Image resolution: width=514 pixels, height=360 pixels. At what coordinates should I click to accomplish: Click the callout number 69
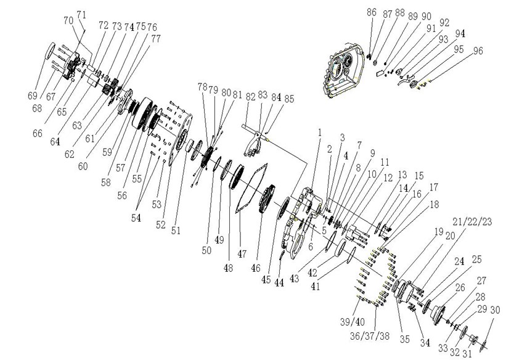(33, 96)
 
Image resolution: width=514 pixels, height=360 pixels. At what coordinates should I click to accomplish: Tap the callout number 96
(478, 51)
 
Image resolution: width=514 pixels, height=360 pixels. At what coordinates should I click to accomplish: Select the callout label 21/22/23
(477, 222)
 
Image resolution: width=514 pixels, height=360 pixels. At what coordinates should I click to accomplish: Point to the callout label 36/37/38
(370, 336)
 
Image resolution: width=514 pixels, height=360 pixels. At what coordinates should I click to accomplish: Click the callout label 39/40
(353, 322)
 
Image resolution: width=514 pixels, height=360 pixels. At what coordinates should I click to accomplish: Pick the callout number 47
(242, 254)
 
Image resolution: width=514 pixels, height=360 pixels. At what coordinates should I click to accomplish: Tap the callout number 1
(320, 133)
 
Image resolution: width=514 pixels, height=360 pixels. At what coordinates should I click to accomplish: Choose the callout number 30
(495, 310)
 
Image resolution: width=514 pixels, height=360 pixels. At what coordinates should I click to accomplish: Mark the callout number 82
(250, 97)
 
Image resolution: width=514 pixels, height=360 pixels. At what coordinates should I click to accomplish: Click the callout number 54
(136, 218)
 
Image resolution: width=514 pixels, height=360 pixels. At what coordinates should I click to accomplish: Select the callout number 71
(81, 14)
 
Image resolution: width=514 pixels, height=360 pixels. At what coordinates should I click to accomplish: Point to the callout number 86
(372, 12)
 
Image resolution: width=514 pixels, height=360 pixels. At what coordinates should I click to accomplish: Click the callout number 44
(279, 282)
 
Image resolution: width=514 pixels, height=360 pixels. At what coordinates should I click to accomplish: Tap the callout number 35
(405, 339)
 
